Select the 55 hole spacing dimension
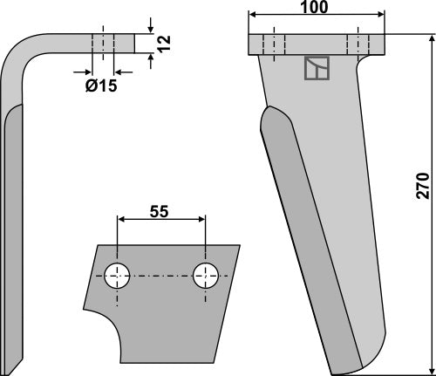click(x=160, y=209)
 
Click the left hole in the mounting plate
click(x=116, y=276)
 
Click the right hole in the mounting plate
click(x=207, y=276)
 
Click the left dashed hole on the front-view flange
click(x=272, y=44)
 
